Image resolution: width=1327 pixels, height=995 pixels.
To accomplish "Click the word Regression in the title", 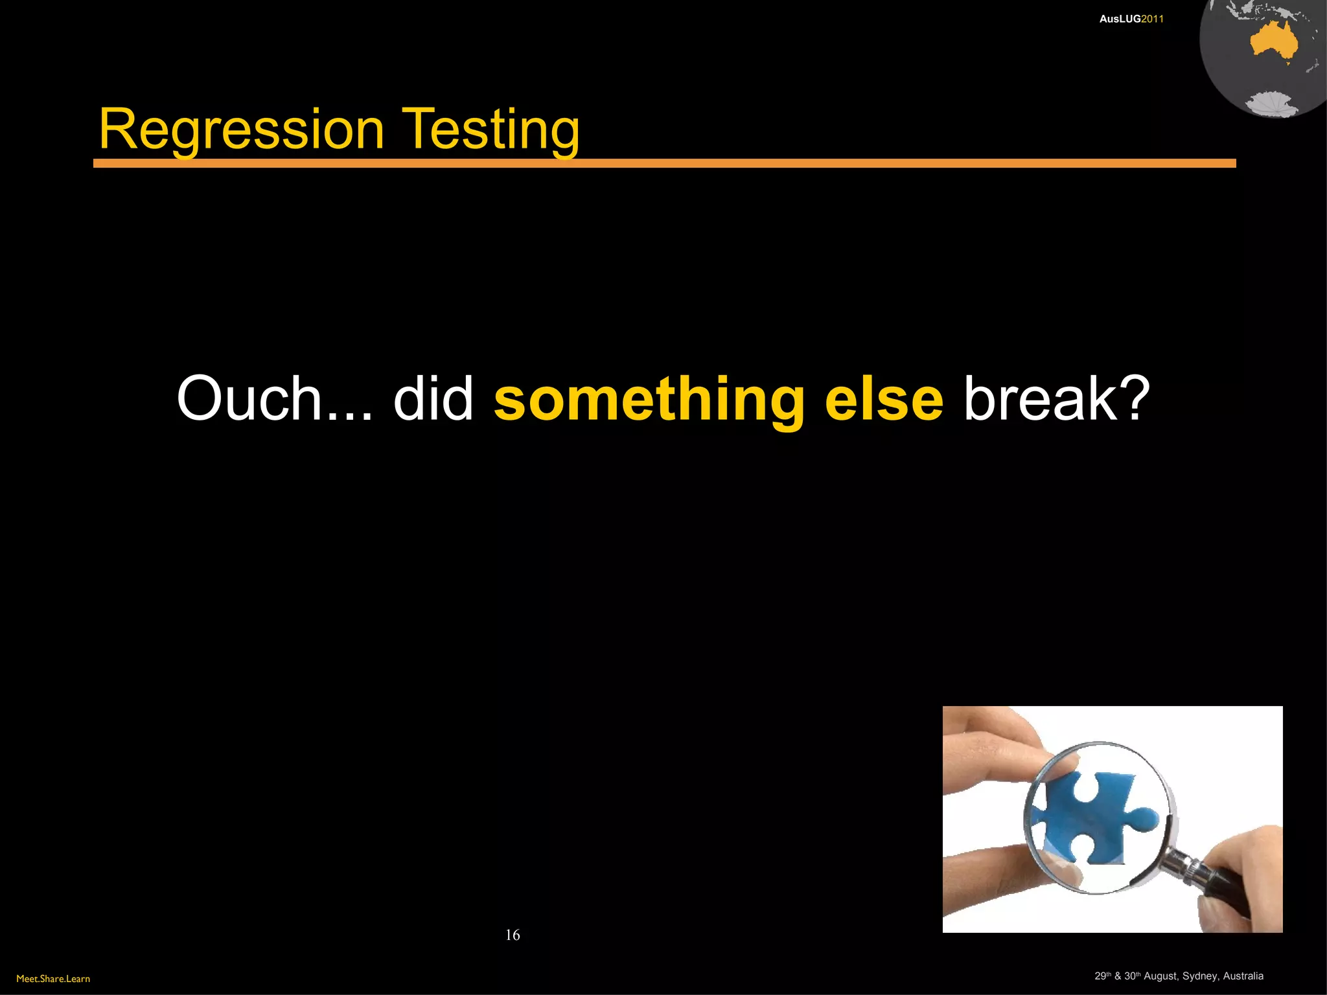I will (241, 131).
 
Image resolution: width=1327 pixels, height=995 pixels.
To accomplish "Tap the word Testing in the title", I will (490, 131).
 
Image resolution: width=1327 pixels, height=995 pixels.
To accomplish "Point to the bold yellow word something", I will (649, 400).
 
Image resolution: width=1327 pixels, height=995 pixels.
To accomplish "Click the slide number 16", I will (513, 935).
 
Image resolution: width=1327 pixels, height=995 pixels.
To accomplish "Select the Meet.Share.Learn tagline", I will (53, 979).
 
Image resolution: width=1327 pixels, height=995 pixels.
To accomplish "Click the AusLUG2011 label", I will (1131, 19).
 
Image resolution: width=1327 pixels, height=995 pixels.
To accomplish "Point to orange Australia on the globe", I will (1273, 42).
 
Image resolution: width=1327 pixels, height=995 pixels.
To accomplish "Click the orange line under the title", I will (664, 163).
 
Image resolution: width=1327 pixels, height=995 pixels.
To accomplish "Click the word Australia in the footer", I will (1243, 976).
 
